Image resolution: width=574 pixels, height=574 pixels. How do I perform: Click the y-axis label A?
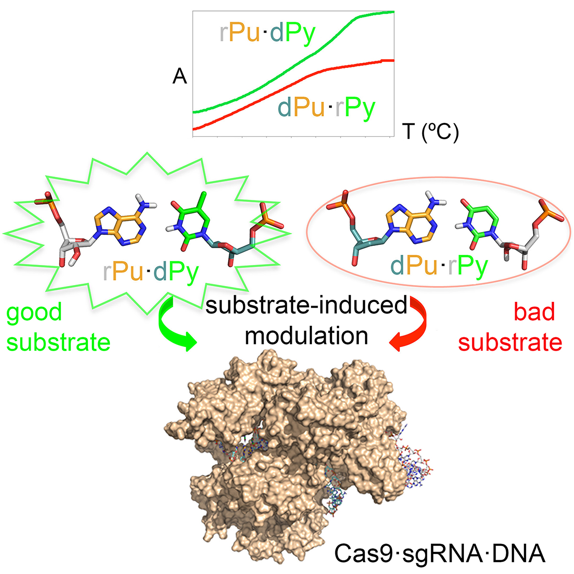pyautogui.click(x=179, y=77)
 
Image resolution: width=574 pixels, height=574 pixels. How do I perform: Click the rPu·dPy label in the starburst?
pyautogui.click(x=151, y=272)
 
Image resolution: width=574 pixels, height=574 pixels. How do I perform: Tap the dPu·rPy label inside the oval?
pyautogui.click(x=439, y=265)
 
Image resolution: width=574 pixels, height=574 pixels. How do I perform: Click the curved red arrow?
pyautogui.click(x=411, y=325)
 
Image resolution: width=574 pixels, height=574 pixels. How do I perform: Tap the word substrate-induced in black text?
pyautogui.click(x=306, y=306)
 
